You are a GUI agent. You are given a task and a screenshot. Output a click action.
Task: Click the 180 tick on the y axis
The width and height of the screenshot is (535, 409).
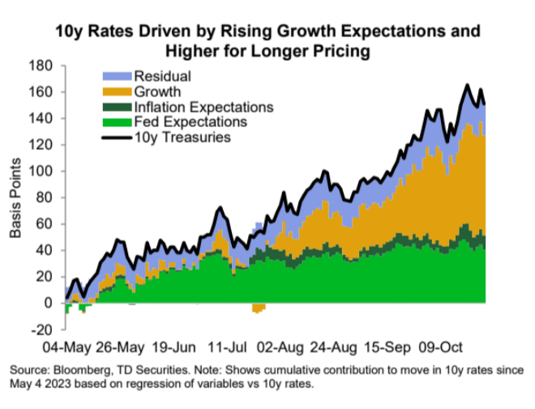42,66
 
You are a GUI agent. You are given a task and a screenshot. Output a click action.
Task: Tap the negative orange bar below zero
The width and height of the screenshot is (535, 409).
259,308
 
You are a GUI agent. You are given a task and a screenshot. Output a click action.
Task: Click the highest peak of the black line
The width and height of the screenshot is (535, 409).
468,85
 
